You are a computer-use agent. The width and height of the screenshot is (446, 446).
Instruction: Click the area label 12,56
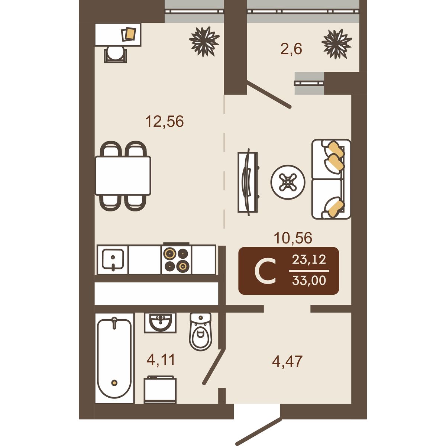(x=164, y=122)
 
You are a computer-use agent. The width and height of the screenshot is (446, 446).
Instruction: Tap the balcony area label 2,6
(x=291, y=49)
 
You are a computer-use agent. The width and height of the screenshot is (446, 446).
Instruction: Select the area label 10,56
(x=293, y=238)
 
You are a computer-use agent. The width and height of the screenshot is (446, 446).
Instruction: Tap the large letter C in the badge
(x=265, y=271)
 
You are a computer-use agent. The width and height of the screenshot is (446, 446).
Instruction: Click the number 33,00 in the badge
(x=309, y=281)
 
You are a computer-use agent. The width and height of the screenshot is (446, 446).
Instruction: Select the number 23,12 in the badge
(x=309, y=259)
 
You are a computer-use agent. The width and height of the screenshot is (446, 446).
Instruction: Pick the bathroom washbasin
(x=160, y=323)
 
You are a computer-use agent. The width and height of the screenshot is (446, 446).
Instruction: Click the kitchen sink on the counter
(x=113, y=259)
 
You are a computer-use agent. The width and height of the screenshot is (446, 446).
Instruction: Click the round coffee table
(x=288, y=182)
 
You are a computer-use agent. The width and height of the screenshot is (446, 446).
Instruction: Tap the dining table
(x=123, y=175)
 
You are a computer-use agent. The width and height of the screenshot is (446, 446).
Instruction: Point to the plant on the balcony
(x=337, y=44)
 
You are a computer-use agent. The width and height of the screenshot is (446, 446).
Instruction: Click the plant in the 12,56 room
(x=204, y=41)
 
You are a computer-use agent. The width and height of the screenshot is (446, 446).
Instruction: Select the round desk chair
(x=116, y=54)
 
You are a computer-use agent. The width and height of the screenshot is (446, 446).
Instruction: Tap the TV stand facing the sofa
(x=248, y=182)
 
